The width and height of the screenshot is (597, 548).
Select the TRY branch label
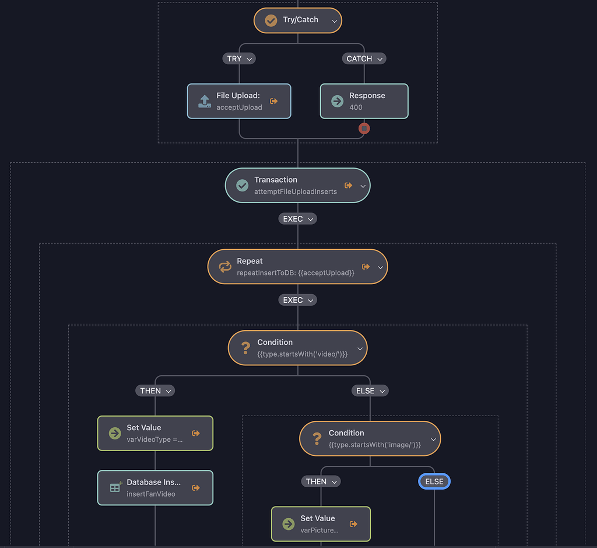(x=239, y=58)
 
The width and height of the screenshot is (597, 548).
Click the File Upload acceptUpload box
(x=238, y=102)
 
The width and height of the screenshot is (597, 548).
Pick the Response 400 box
(x=364, y=102)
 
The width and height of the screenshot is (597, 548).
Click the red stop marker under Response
(x=364, y=128)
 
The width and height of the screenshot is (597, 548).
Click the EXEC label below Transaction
(x=298, y=219)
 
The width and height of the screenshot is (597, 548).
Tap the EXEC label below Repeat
(x=298, y=300)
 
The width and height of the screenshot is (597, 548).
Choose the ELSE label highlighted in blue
(x=434, y=481)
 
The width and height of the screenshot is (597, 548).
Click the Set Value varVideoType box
(x=155, y=433)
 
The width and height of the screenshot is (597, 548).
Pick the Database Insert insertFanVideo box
(x=155, y=488)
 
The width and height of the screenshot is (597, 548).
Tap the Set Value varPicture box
(x=320, y=523)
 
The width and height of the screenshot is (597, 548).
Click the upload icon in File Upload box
(x=204, y=101)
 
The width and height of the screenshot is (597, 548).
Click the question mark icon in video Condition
(x=245, y=348)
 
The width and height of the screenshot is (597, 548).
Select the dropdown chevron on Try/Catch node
(x=335, y=21)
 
